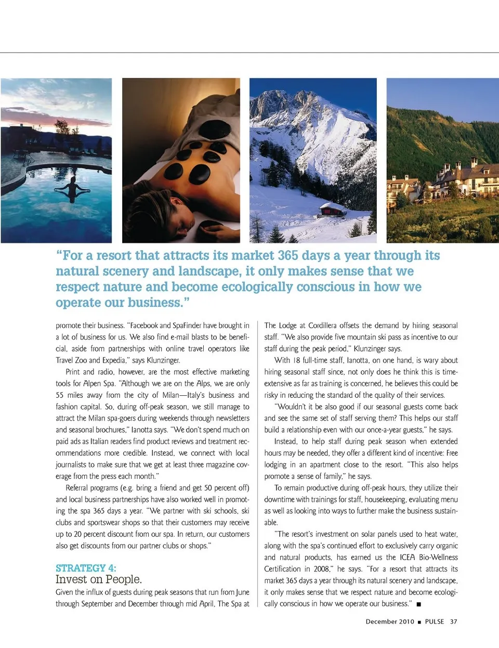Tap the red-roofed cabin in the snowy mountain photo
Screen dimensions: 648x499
[x=333, y=209]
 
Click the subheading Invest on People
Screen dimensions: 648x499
[x=99, y=579]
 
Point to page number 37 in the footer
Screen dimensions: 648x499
[x=454, y=621]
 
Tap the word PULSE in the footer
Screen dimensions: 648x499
[x=435, y=621]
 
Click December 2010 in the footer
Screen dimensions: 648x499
[x=390, y=621]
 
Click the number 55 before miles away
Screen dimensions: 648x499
[x=60, y=395]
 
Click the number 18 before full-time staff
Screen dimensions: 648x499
[x=297, y=360]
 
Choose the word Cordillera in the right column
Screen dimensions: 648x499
[x=322, y=326]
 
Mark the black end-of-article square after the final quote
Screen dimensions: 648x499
[x=419, y=604]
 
